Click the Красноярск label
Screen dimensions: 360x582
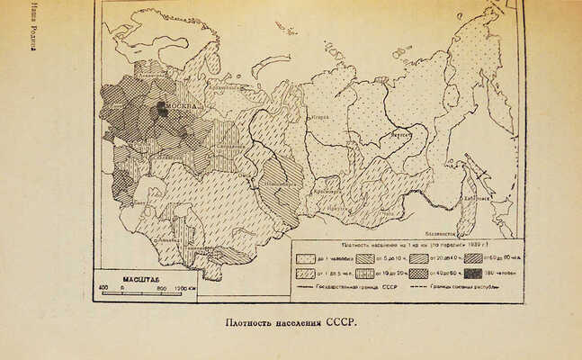(x=325, y=190)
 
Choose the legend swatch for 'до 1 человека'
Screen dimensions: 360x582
(x=305, y=256)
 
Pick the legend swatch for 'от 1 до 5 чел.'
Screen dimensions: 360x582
(x=305, y=272)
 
